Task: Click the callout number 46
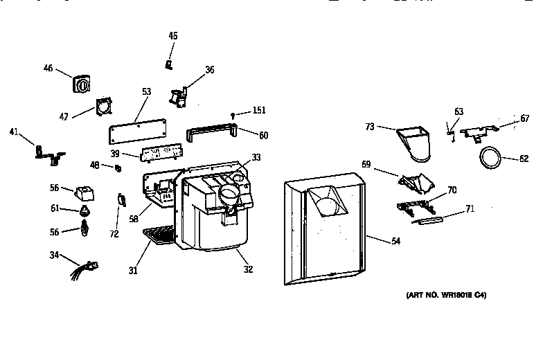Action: (x=48, y=68)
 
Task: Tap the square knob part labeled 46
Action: (x=81, y=86)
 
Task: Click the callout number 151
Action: (x=258, y=110)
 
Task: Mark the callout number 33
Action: (x=256, y=157)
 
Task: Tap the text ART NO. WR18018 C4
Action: (x=446, y=296)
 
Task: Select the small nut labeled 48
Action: (x=118, y=168)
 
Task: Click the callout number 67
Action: (x=525, y=118)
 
